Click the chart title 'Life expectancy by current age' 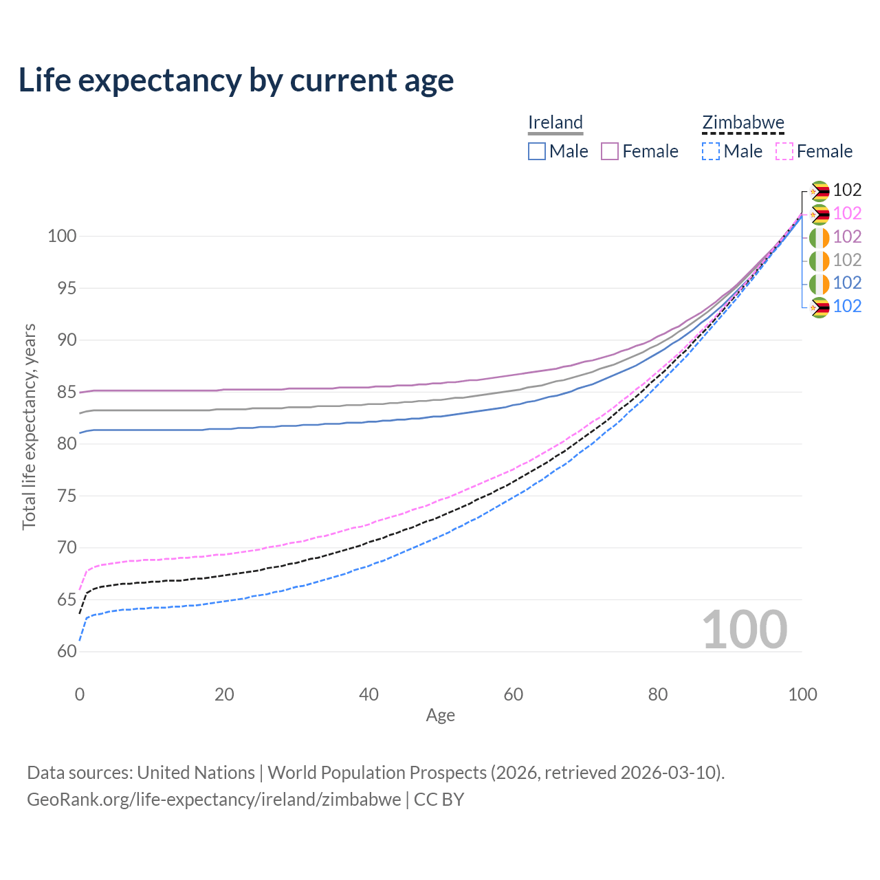click(236, 80)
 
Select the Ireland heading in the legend click(555, 122)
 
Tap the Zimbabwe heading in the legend click(742, 122)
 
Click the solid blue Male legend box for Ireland click(537, 151)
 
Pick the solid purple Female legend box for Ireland click(610, 151)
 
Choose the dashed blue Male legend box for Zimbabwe click(711, 151)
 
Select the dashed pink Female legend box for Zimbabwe click(784, 151)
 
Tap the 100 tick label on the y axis click(61, 236)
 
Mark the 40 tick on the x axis click(368, 694)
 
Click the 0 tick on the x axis click(80, 694)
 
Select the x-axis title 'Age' click(440, 715)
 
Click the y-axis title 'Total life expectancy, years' click(29, 426)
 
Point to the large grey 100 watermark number click(744, 630)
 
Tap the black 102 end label click(847, 190)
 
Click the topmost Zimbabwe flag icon click(819, 191)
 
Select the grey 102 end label click(847, 260)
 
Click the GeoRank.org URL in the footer click(214, 800)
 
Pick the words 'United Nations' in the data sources click(196, 773)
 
